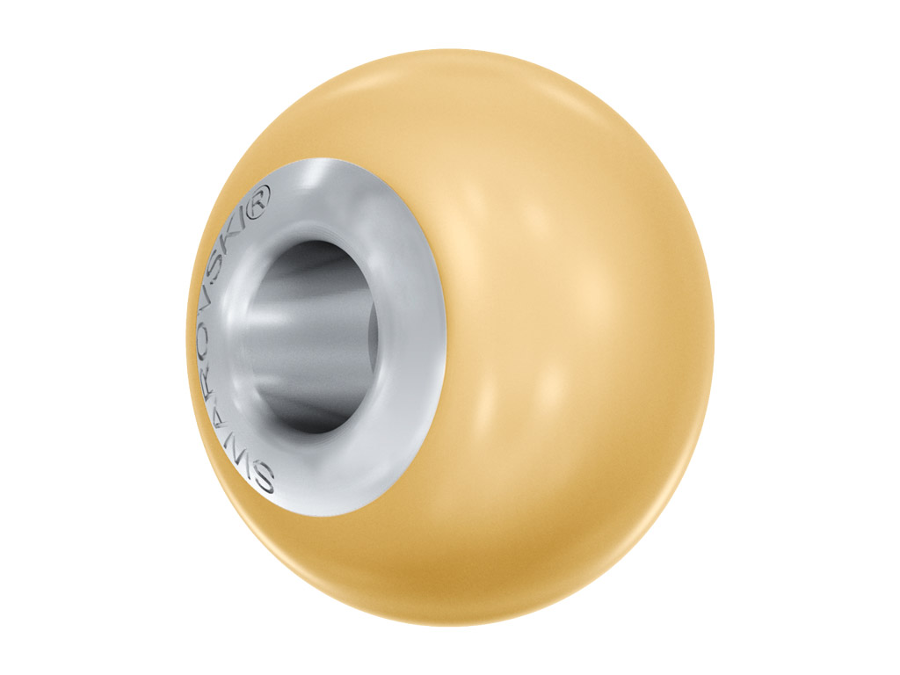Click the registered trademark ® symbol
pos(257,203)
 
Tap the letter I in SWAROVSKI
pos(250,221)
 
